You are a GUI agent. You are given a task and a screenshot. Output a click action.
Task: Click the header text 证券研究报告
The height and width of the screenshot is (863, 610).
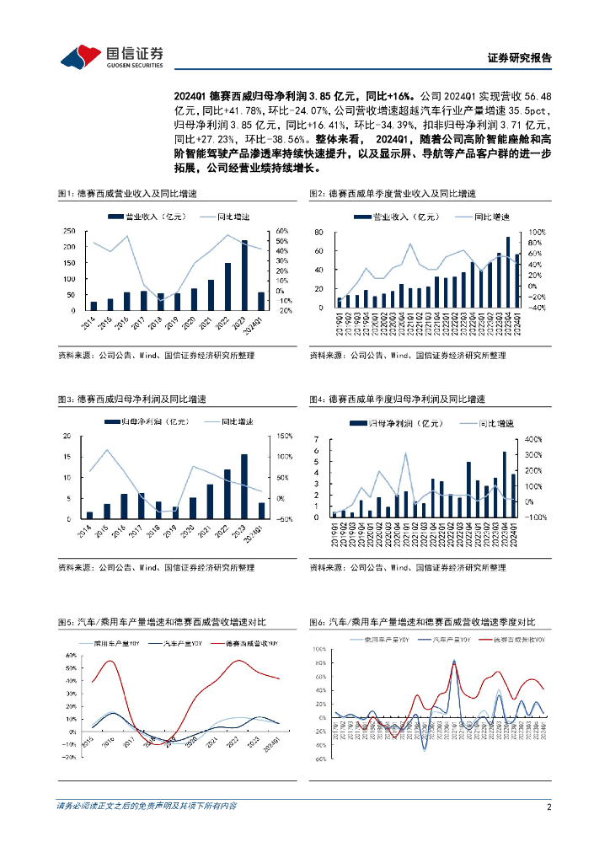pos(520,58)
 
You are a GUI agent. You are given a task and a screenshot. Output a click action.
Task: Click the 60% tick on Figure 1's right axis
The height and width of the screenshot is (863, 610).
pos(282,231)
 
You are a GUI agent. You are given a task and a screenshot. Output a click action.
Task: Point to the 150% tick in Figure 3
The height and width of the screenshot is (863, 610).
pos(284,436)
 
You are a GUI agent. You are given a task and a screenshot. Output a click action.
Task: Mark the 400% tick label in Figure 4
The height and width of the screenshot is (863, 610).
pos(535,440)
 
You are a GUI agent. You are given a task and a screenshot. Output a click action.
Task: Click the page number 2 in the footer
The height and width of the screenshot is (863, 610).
pos(548,807)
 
